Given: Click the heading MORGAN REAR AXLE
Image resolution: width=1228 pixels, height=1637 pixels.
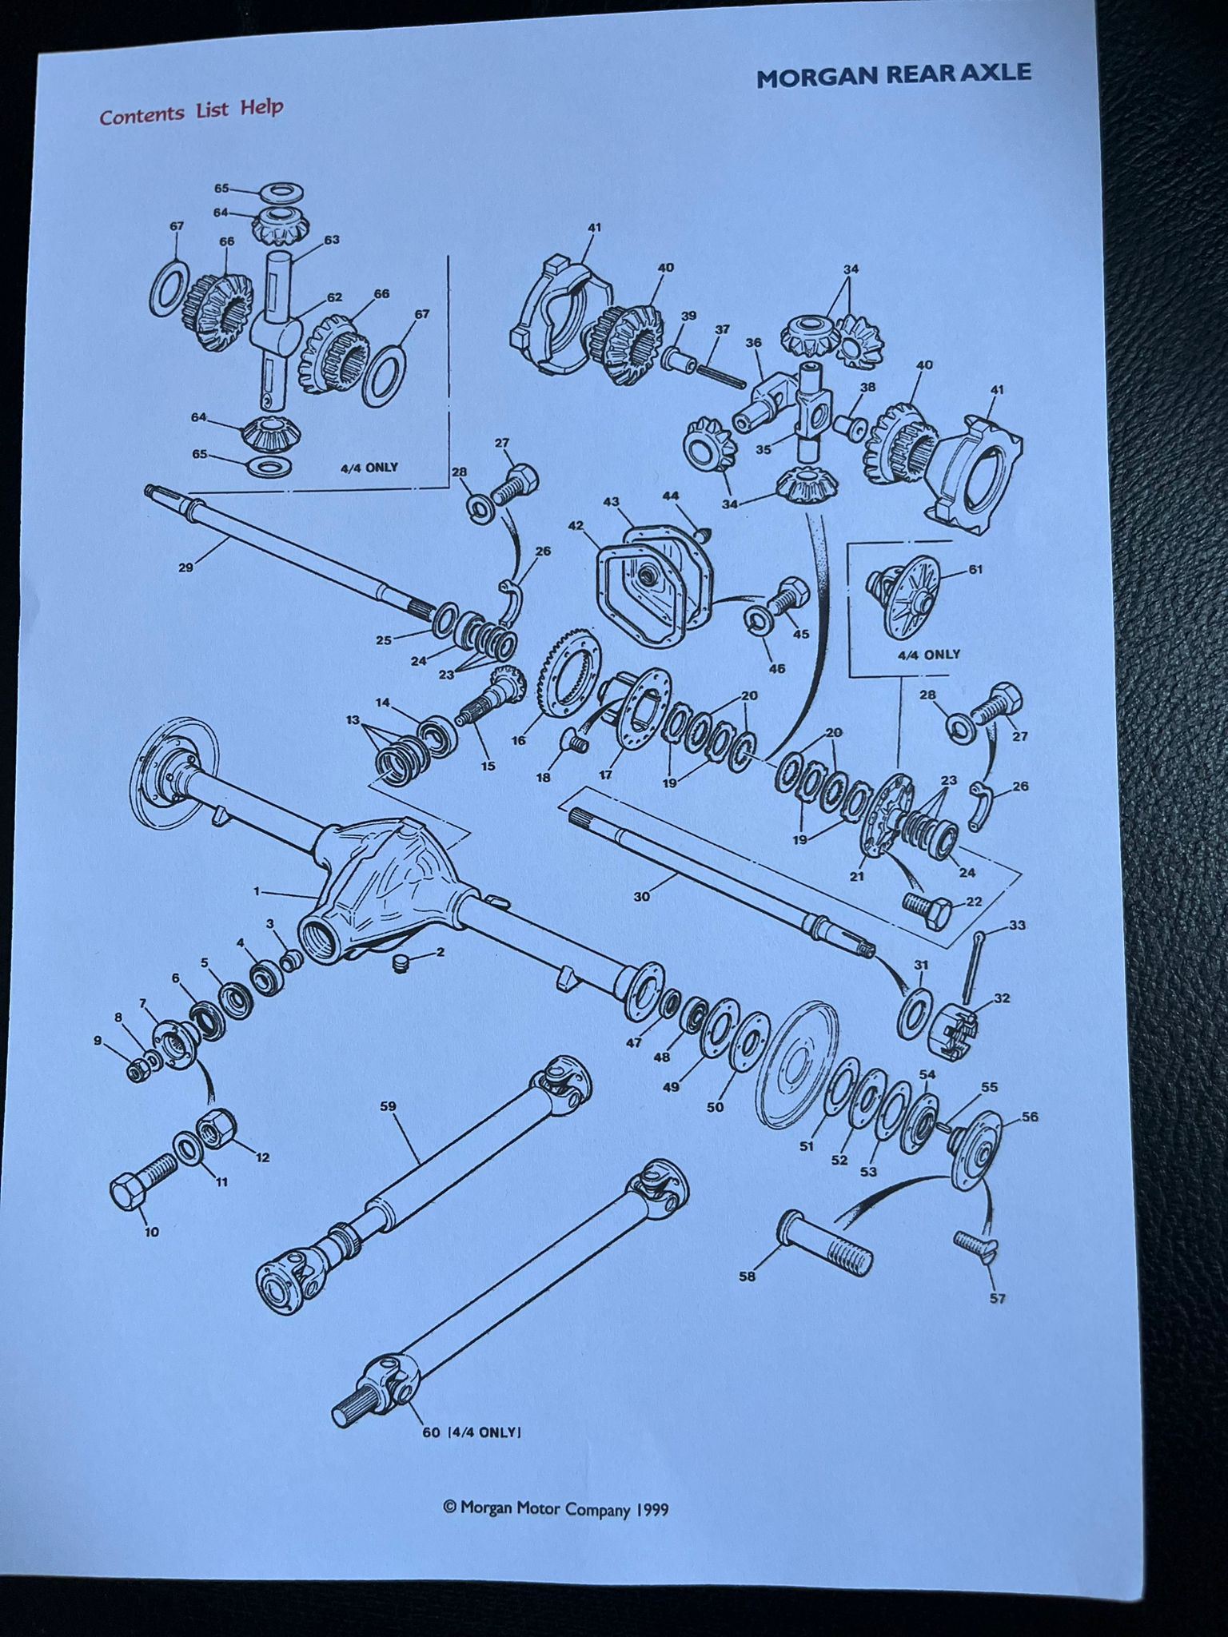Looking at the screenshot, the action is [894, 76].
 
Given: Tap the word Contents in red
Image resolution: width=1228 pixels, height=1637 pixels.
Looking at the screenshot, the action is [142, 114].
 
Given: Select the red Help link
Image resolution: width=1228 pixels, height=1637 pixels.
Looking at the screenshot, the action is [262, 107].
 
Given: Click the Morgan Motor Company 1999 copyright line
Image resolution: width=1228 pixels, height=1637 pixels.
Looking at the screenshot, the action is [556, 1508].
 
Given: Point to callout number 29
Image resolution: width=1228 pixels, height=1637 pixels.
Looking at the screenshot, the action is [185, 568].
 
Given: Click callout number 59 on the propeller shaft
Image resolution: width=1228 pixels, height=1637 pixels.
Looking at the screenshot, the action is [388, 1106].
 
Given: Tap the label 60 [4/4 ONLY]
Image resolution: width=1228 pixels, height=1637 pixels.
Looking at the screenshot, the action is [472, 1432].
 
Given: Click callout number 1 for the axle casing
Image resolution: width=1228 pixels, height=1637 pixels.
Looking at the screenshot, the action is [257, 890].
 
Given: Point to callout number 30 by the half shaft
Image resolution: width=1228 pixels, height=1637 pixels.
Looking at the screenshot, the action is [641, 897].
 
